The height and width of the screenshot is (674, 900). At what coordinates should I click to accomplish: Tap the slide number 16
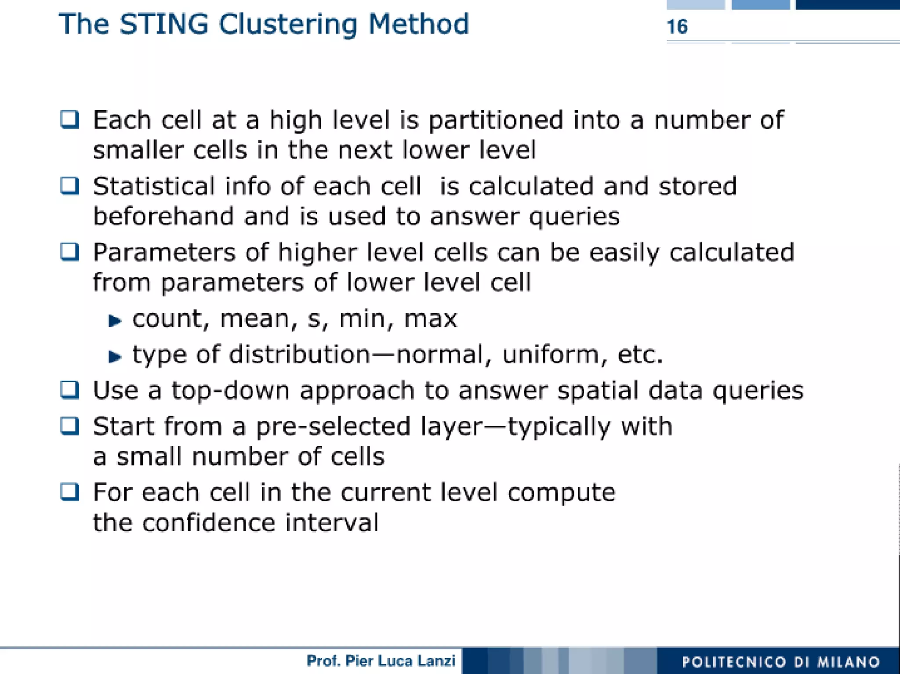coord(677,27)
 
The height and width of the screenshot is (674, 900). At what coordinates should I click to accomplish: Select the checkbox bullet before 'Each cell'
coord(70,120)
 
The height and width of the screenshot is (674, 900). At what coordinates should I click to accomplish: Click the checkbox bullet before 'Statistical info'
coord(70,186)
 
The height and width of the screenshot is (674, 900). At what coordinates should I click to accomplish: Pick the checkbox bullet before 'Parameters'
coord(70,252)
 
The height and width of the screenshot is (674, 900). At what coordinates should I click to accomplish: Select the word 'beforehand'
coord(163,216)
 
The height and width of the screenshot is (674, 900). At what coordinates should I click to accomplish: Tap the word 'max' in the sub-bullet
coord(430,319)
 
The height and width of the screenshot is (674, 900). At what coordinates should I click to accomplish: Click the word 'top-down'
coord(230,391)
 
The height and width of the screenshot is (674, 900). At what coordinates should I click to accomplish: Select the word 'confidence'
coord(209,522)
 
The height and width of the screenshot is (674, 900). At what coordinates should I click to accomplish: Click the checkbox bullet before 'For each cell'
coord(70,492)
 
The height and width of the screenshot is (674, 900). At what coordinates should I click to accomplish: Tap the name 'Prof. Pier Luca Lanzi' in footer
coord(381,661)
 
